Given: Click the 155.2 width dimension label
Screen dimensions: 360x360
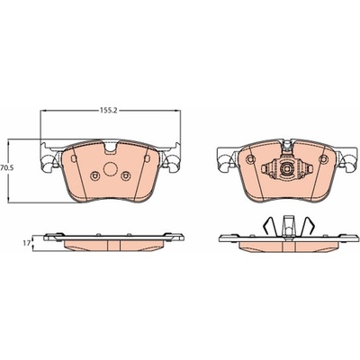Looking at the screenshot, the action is tap(111, 111).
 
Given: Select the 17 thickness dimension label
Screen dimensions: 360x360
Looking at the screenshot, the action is tap(26, 243).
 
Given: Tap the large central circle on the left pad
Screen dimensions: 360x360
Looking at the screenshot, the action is tap(110, 169).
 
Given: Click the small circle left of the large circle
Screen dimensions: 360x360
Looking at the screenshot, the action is tap(95, 176).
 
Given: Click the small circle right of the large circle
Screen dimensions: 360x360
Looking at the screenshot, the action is tap(126, 175).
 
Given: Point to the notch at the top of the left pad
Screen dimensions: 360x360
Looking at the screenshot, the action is tap(111, 148).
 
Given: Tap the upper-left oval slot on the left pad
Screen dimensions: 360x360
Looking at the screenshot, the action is tap(72, 159).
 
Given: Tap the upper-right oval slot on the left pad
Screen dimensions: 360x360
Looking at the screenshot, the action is tap(147, 158).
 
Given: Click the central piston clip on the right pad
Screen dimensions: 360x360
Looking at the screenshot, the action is tap(287, 168).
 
